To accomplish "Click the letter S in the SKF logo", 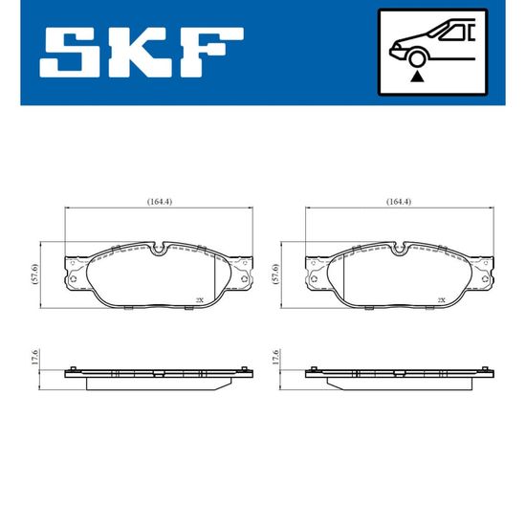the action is (70, 53).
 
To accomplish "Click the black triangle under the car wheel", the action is (417, 77).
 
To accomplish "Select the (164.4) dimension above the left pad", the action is (160, 202).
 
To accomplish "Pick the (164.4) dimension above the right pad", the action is (399, 202).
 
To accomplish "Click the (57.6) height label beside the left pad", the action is (35, 274).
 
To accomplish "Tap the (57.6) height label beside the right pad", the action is (275, 274).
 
